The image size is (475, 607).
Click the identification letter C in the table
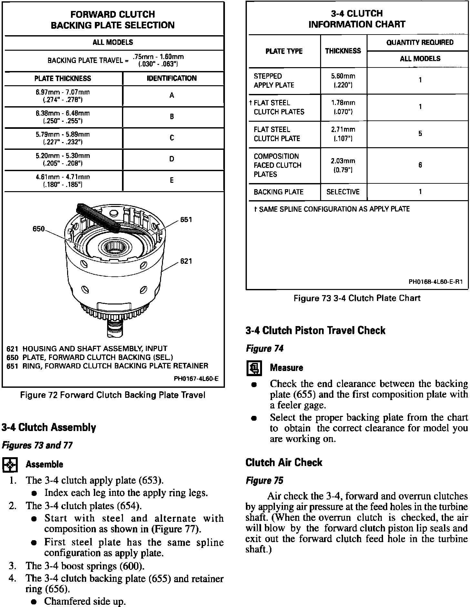click(172, 138)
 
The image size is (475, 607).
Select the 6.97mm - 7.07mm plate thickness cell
click(63, 96)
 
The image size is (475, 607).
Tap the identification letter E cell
click(172, 180)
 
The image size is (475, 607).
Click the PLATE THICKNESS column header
click(63, 78)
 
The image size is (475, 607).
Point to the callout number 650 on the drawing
click(39, 229)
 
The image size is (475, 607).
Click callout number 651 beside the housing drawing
click(186, 220)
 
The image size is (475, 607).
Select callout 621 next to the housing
click(186, 261)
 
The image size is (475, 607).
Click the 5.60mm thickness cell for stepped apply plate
click(343, 80)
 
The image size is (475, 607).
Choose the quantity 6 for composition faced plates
click(420, 165)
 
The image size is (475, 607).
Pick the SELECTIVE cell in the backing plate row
click(343, 192)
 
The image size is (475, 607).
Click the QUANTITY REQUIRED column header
click(420, 43)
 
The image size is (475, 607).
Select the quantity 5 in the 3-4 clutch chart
click(420, 134)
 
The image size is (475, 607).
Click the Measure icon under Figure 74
click(254, 368)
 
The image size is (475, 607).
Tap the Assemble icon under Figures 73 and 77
click(10, 464)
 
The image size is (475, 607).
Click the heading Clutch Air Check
click(284, 462)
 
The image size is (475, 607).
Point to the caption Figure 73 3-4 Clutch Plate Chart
click(357, 298)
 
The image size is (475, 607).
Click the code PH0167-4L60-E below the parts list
click(196, 378)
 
